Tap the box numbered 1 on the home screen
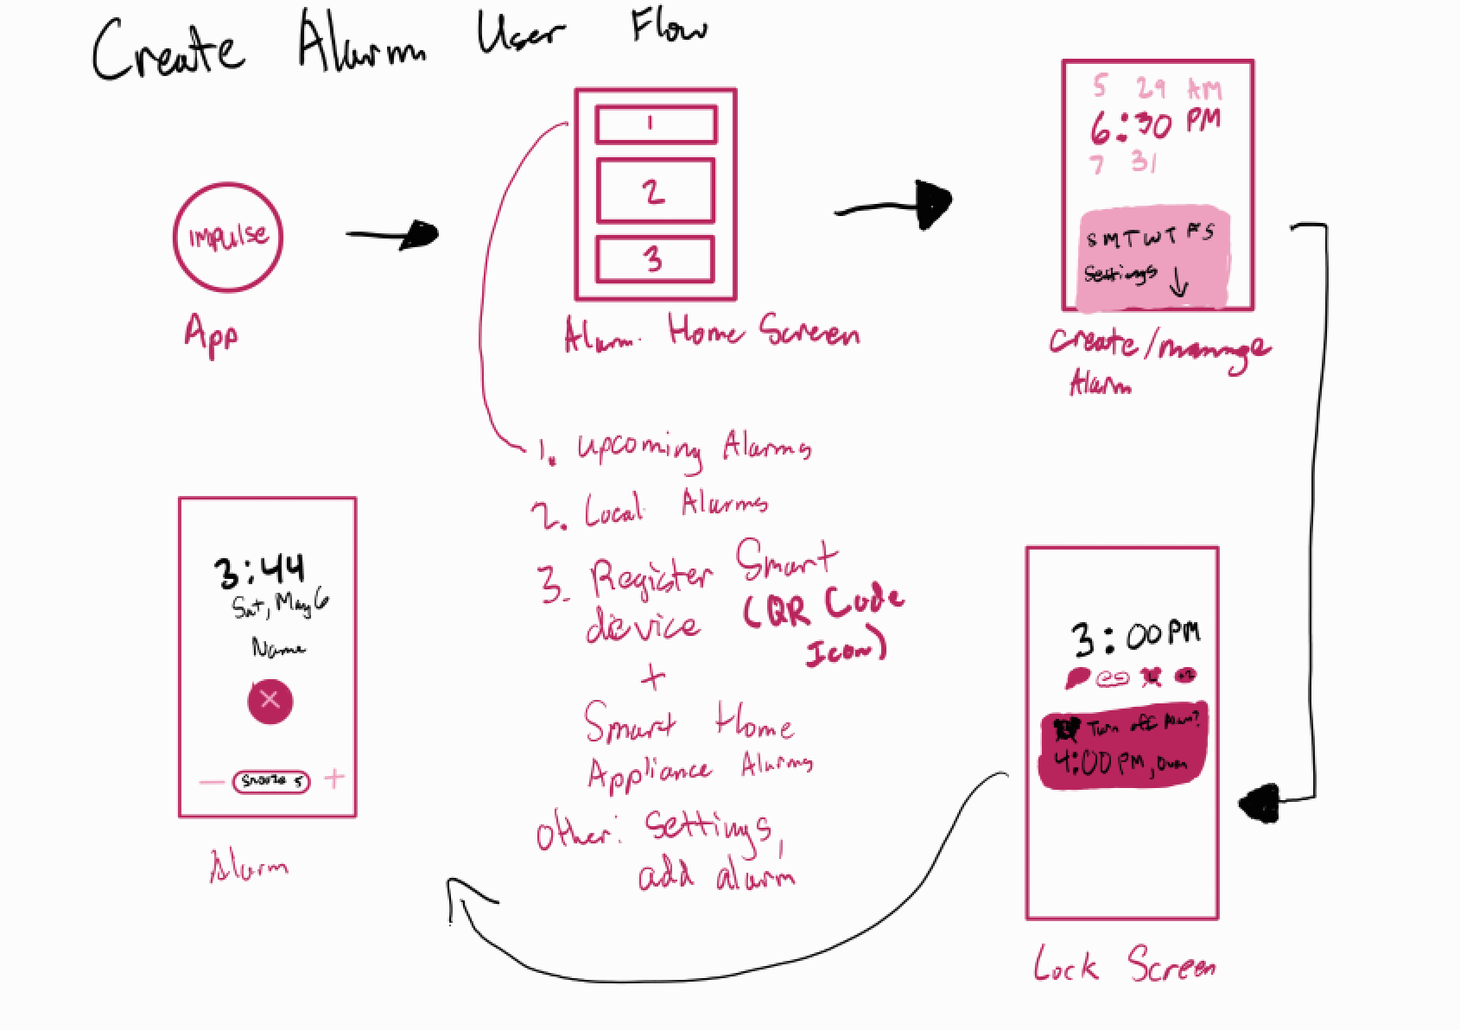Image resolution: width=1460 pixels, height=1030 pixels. point(656,125)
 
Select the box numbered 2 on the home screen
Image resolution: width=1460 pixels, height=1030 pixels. point(656,190)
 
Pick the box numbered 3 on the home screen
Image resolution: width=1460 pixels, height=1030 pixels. point(656,259)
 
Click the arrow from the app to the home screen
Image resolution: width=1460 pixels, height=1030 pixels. point(393,234)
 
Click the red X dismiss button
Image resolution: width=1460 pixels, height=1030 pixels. point(270,700)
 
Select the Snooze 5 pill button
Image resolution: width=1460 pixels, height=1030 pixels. point(270,781)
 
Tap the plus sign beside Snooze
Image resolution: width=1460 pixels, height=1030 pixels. point(334,779)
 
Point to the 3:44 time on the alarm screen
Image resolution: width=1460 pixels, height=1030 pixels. point(259,570)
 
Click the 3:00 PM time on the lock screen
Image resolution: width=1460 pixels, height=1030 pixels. point(1135,639)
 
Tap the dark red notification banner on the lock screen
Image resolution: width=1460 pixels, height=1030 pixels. point(1120,749)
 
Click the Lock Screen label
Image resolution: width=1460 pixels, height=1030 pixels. point(1124,964)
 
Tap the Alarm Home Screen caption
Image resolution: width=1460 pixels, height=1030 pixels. point(711,334)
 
